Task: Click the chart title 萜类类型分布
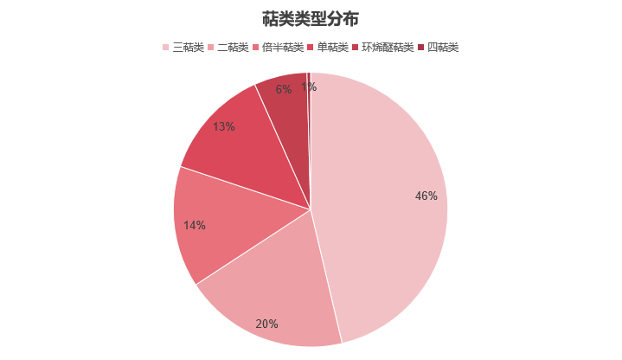(311, 18)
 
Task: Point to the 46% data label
(426, 196)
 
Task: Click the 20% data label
(266, 324)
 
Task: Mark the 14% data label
(194, 226)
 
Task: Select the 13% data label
(223, 127)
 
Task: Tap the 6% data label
(284, 89)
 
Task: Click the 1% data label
(309, 87)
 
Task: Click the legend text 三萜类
(188, 47)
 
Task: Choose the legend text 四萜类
(442, 47)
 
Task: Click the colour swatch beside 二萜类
(212, 47)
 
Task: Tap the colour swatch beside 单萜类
(311, 47)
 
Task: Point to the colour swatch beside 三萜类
(165, 47)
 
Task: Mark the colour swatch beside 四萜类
(421, 47)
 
